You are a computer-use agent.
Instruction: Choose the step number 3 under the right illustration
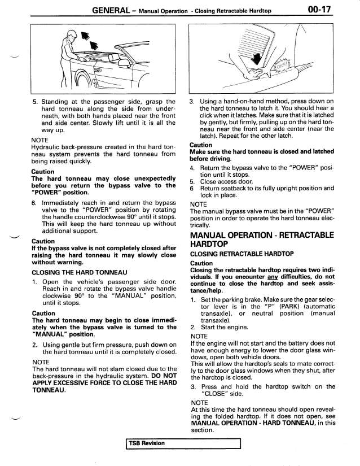[192, 101]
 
